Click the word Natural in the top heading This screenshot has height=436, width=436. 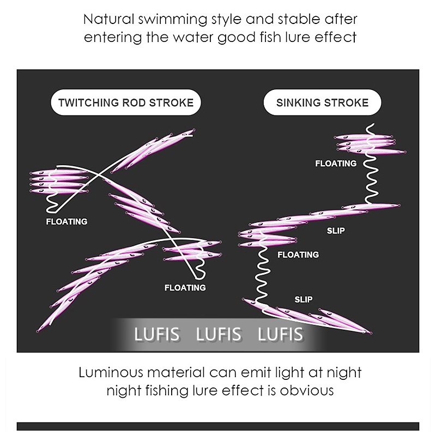pyautogui.click(x=107, y=20)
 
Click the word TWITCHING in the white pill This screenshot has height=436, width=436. pyautogui.click(x=90, y=102)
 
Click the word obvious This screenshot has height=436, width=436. pyautogui.click(x=306, y=391)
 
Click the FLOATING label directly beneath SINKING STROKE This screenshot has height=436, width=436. pyautogui.click(x=336, y=163)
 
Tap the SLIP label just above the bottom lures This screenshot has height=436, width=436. pyautogui.click(x=304, y=300)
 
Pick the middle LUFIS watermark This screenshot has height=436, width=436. pyautogui.click(x=219, y=334)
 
